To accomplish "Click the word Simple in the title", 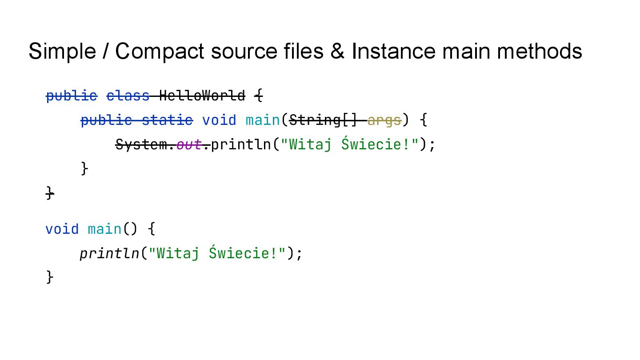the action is point(62,51).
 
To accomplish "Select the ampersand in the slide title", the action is point(337,51).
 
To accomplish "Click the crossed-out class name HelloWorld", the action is point(202,96).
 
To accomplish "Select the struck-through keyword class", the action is point(128,96).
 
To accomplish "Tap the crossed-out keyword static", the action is point(168,120).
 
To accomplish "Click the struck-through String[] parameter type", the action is point(323,120).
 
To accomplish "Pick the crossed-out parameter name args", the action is point(384,120).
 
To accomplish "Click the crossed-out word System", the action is point(141,144).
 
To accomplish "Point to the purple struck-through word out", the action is point(189,144).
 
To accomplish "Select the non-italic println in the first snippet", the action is point(240,144).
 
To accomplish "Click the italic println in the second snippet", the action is point(109,253).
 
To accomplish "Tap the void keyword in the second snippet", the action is point(62,229).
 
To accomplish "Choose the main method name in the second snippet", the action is point(104,229).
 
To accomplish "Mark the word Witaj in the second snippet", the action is point(178,253).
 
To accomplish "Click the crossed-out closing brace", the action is point(50,192).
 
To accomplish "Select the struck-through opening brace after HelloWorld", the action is point(259,96).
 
